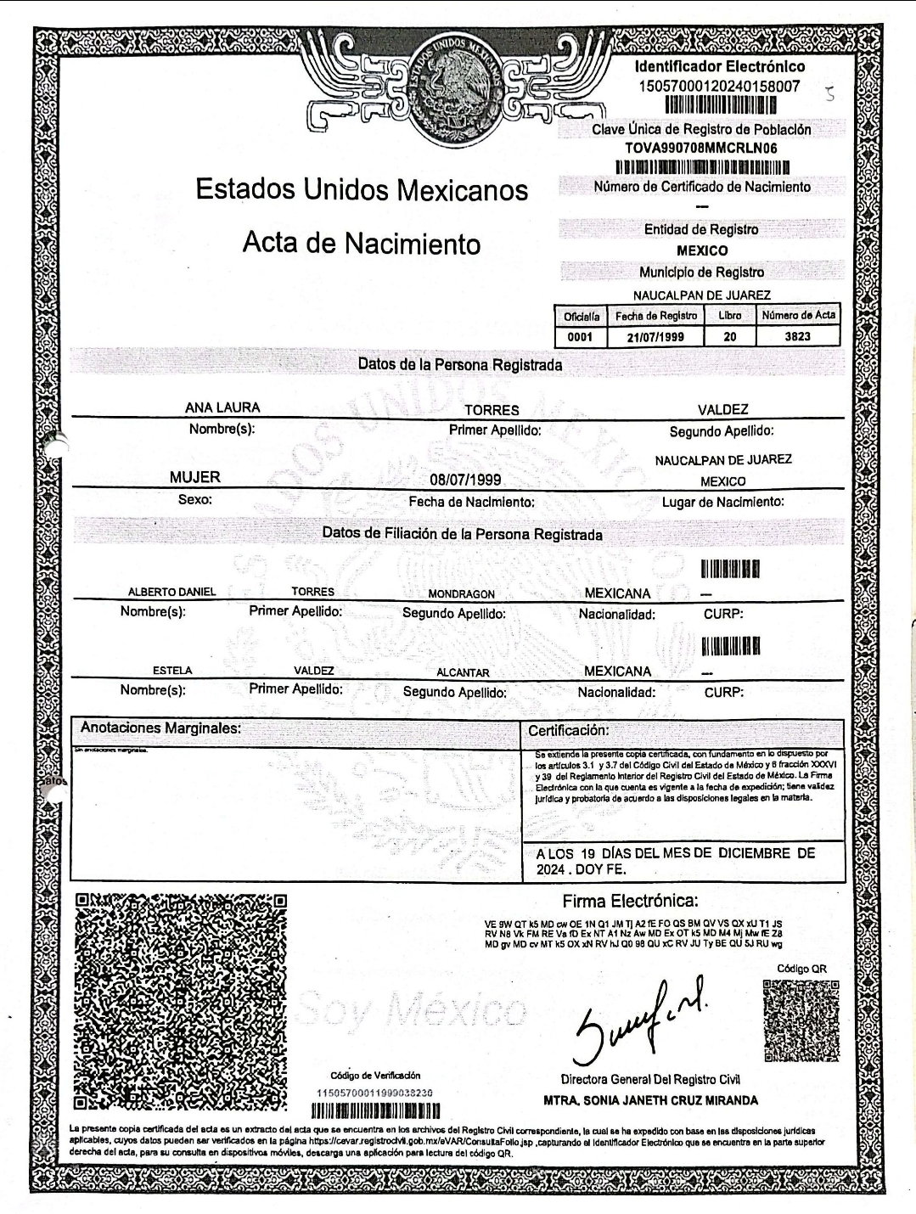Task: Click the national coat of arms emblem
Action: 457,83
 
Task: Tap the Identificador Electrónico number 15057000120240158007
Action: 718,86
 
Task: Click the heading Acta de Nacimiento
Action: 362,244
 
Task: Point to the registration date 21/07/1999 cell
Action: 655,337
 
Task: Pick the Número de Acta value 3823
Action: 797,337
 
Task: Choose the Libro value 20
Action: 729,337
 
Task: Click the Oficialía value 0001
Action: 581,337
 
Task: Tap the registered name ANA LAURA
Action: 222,408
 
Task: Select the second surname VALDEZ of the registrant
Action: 722,410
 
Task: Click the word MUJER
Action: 195,477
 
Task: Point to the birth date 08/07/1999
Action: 465,480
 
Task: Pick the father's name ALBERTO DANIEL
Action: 171,592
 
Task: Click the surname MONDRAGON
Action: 461,594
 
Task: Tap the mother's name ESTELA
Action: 172,671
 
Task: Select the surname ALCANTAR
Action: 463,672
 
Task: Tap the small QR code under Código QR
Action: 801,1020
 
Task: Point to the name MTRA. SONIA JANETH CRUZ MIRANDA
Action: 650,1101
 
